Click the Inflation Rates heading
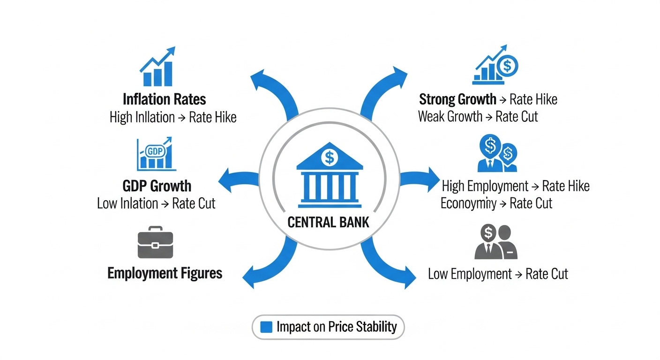pyautogui.click(x=164, y=99)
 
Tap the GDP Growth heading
pyautogui.click(x=157, y=186)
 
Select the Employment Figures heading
pyautogui.click(x=165, y=273)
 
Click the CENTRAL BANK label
pyautogui.click(x=328, y=222)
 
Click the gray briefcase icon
pyautogui.click(x=155, y=244)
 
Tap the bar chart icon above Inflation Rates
pyautogui.click(x=157, y=67)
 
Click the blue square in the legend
pyautogui.click(x=266, y=327)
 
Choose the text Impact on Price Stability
pyautogui.click(x=336, y=327)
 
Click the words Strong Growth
pyautogui.click(x=457, y=99)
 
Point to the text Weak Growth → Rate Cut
pyautogui.click(x=478, y=116)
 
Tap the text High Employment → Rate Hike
pyautogui.click(x=515, y=186)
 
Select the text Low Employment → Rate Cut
pyautogui.click(x=498, y=274)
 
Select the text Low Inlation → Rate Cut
pyautogui.click(x=156, y=203)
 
